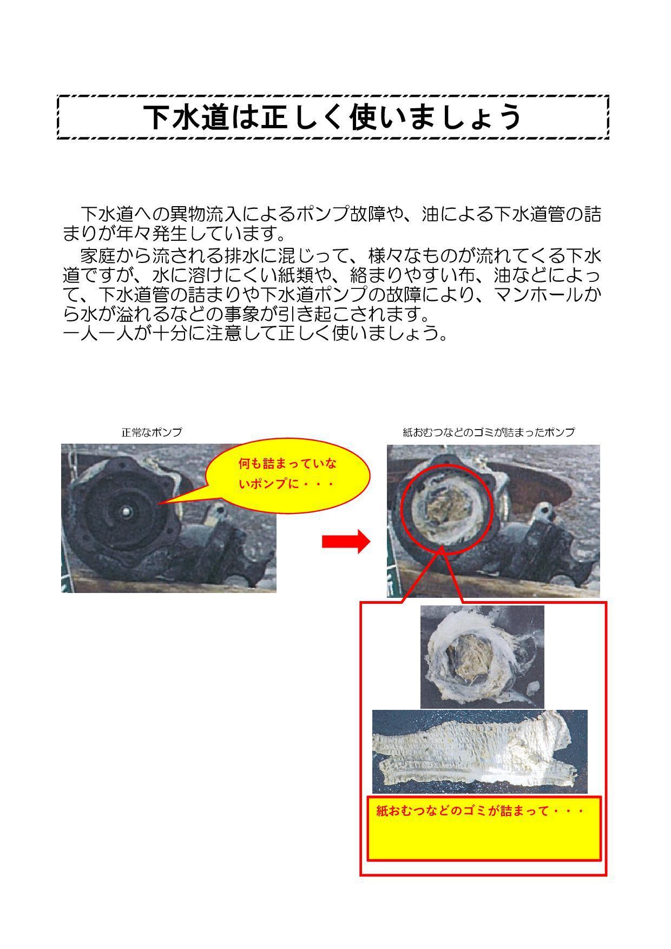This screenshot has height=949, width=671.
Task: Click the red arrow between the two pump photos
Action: tap(346, 541)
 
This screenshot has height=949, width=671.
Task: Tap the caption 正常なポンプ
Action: tap(152, 432)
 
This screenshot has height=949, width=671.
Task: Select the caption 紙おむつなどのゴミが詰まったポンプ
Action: tap(489, 432)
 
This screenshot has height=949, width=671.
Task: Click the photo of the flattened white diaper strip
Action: tap(479, 752)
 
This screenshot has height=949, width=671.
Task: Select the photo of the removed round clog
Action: tap(482, 657)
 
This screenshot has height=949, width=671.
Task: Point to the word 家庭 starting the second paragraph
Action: tap(97, 255)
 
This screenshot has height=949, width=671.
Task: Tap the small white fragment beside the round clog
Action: tap(533, 688)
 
